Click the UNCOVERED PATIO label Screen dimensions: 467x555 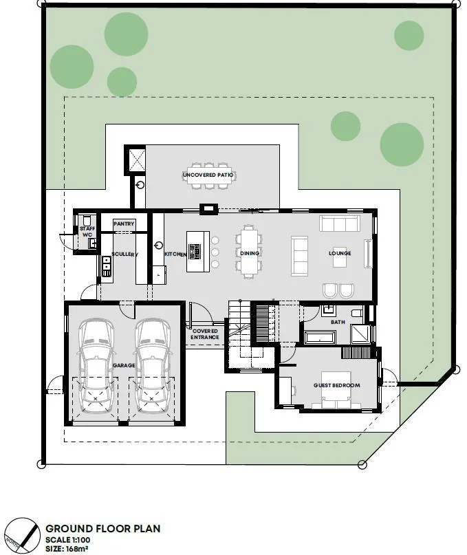click(208, 175)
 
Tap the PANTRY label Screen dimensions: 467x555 click(124, 224)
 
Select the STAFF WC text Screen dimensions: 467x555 click(87, 232)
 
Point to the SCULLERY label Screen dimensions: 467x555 click(124, 254)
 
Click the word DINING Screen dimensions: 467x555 click(250, 253)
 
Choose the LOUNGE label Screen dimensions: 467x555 click(340, 253)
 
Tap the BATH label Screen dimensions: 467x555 click(338, 322)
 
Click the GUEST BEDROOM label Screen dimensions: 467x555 click(337, 385)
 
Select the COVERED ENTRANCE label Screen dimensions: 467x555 click(205, 334)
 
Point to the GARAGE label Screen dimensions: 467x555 click(124, 365)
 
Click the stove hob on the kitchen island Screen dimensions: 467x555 click(195, 252)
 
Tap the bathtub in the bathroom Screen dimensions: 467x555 click(320, 337)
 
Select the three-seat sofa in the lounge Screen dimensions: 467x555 click(340, 224)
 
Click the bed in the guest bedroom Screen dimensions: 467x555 click(336, 390)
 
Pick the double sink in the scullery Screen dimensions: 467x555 click(106, 266)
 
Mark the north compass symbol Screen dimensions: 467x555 click(21, 536)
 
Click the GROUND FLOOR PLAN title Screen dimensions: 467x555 click(103, 529)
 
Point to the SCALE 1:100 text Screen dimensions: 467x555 click(67, 540)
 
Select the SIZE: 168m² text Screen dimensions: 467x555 click(67, 549)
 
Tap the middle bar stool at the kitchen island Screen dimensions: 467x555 click(215, 252)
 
